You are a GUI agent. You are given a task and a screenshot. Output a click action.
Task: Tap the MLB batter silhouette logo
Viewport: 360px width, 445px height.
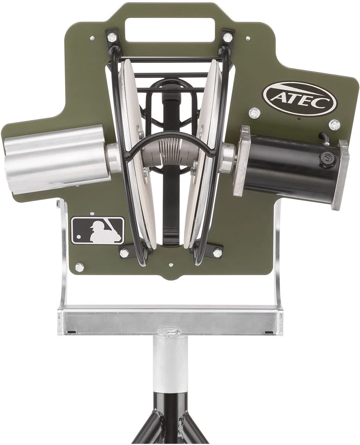(x=98, y=231)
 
